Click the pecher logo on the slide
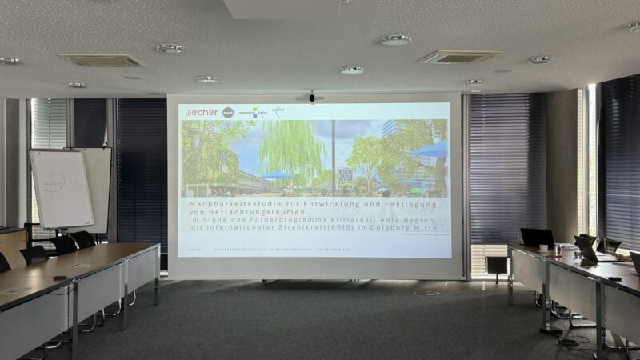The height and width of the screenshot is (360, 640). [201, 113]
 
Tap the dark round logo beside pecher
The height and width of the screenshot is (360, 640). [228, 113]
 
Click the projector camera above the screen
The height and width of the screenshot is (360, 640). [312, 98]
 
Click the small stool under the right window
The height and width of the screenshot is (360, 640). [497, 264]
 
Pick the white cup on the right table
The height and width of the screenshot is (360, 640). [543, 249]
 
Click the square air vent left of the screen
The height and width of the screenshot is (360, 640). [101, 60]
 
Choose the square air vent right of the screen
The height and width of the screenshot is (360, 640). [458, 57]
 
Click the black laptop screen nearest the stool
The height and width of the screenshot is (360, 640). [536, 238]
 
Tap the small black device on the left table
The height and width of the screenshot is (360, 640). [59, 278]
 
